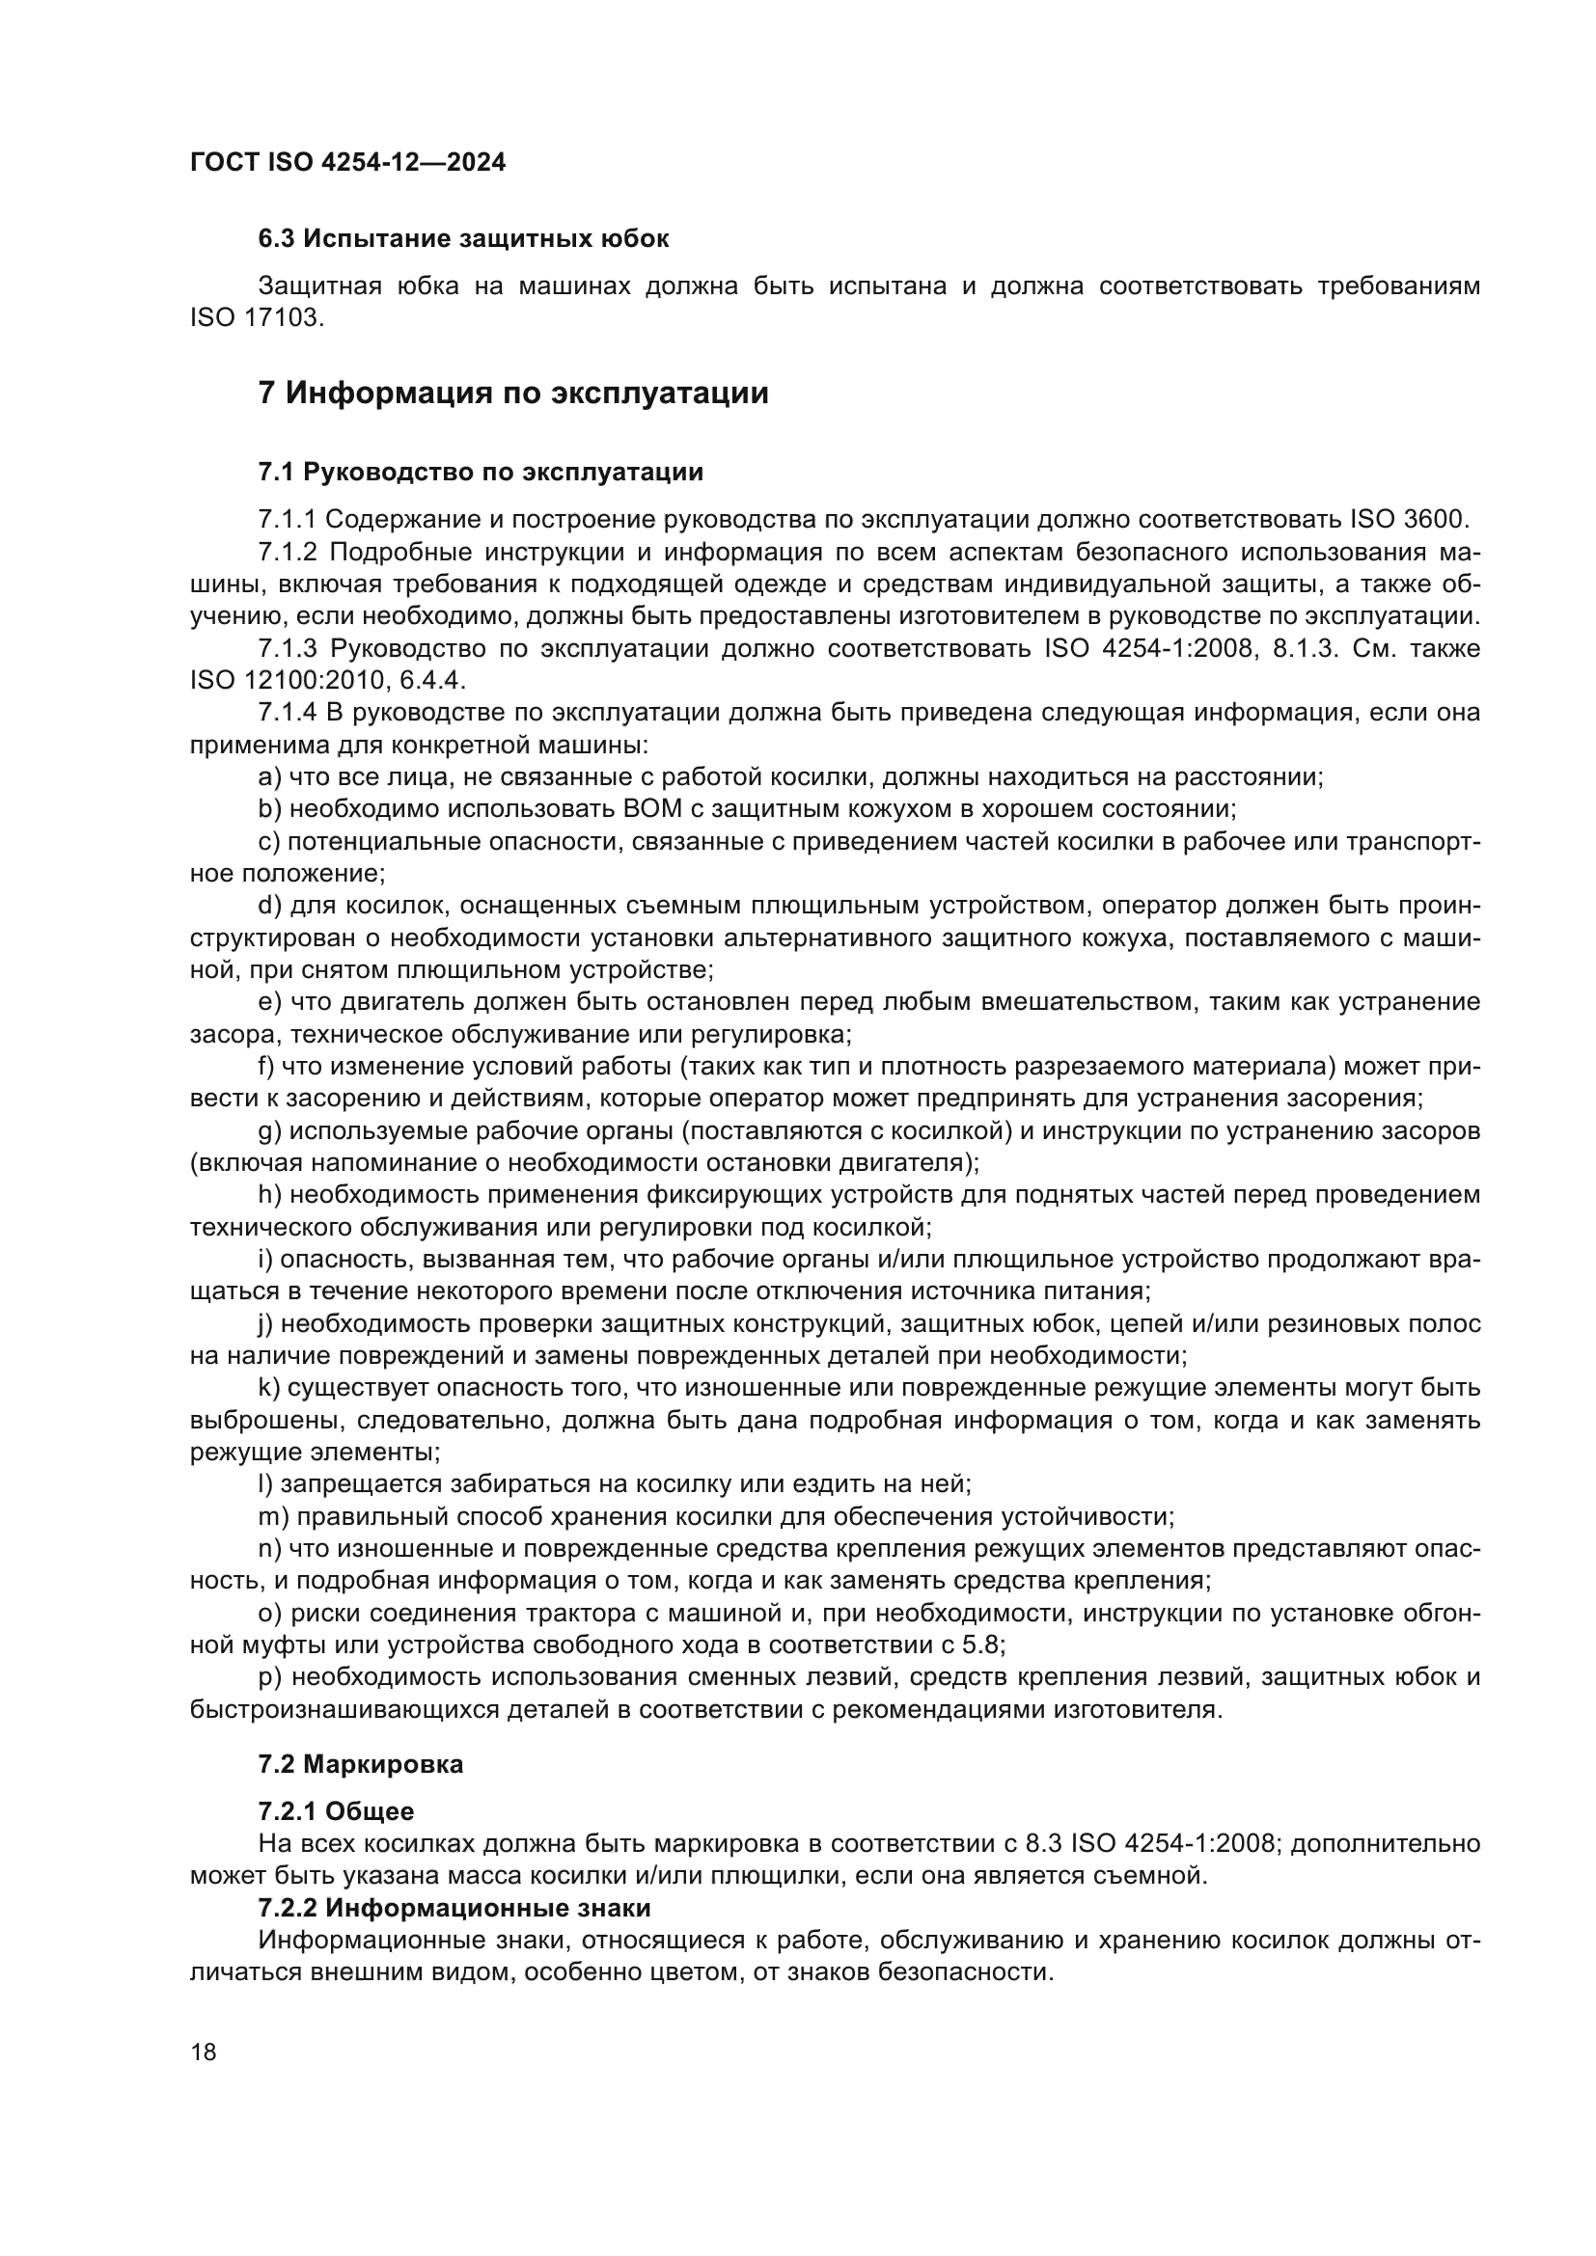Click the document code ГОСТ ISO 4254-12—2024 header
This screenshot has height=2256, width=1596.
pyautogui.click(x=348, y=163)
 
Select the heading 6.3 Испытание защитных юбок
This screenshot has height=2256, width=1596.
pyautogui.click(x=463, y=239)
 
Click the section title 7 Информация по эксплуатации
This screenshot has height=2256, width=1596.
pyautogui.click(x=513, y=393)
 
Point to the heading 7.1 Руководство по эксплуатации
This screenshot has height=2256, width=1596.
pyautogui.click(x=481, y=473)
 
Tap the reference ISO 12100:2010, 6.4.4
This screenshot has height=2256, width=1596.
pyautogui.click(x=327, y=681)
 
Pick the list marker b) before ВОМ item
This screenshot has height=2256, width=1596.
pyautogui.click(x=269, y=809)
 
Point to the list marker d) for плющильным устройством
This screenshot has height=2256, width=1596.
pyautogui.click(x=269, y=905)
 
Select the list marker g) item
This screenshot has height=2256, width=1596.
pyautogui.click(x=269, y=1131)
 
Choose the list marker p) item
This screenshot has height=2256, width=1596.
pyautogui.click(x=269, y=1677)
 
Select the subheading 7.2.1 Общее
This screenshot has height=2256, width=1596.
pyautogui.click(x=335, y=1812)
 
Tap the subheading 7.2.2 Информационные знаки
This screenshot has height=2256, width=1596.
pyautogui.click(x=454, y=1908)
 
